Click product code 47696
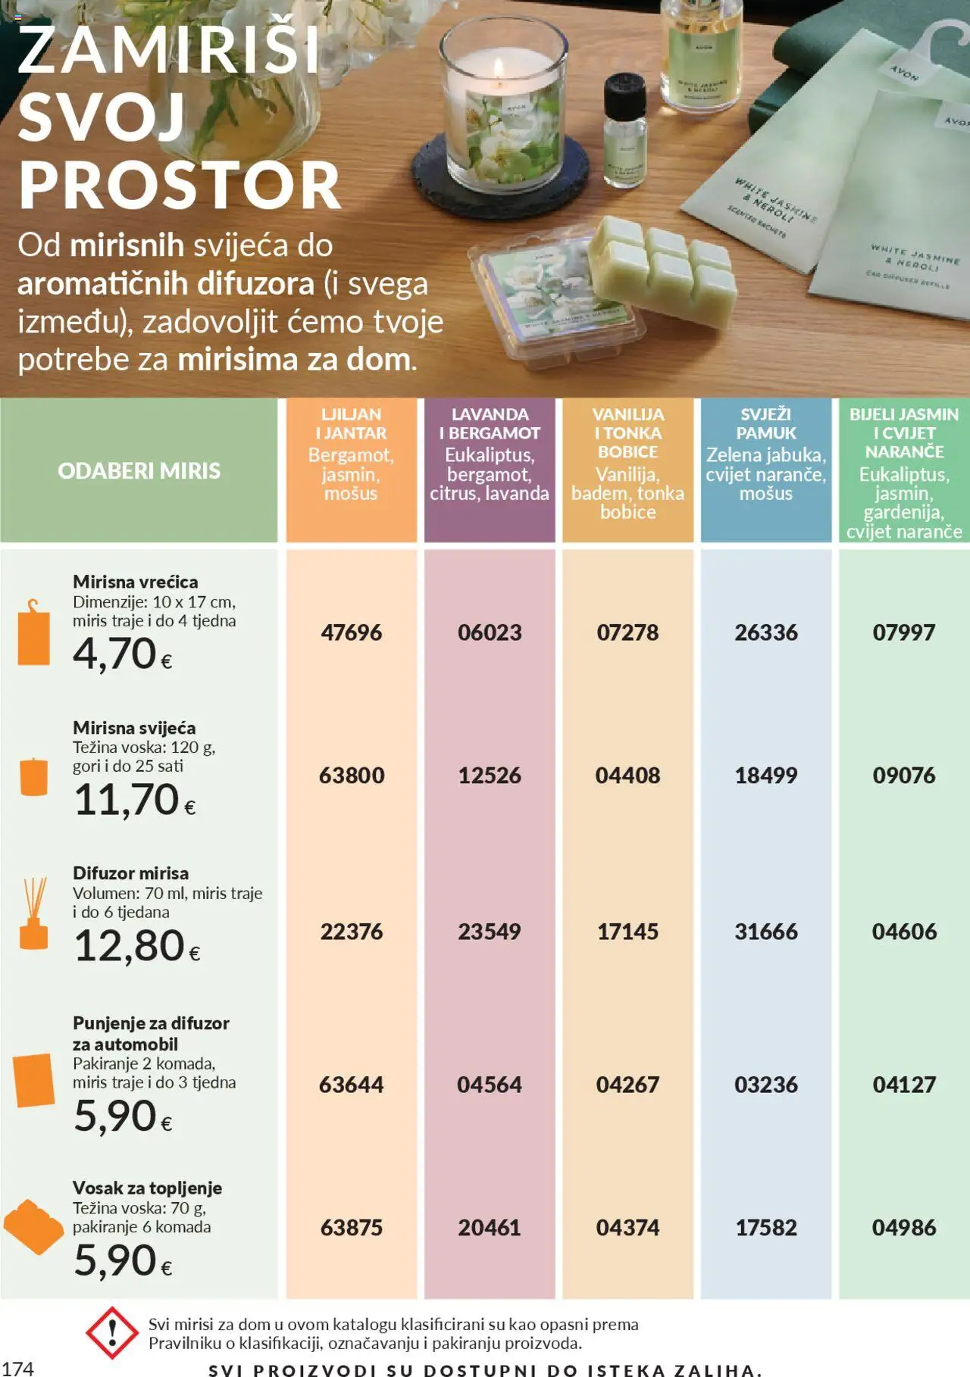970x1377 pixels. pyautogui.click(x=351, y=632)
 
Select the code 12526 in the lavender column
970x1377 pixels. pyautogui.click(x=490, y=776)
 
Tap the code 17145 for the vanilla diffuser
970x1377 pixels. pyautogui.click(x=627, y=932)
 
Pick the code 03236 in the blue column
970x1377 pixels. pyautogui.click(x=765, y=1085)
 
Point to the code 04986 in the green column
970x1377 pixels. pyautogui.click(x=904, y=1228)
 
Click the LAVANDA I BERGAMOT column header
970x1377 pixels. pyautogui.click(x=490, y=424)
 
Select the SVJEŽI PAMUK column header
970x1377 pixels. pyautogui.click(x=765, y=424)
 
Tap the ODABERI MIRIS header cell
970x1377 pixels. pyautogui.click(x=139, y=471)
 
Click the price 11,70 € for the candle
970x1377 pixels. pyautogui.click(x=134, y=800)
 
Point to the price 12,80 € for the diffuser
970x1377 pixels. pyautogui.click(x=136, y=946)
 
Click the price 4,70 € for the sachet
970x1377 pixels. pyautogui.click(x=122, y=654)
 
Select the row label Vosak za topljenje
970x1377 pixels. pyautogui.click(x=147, y=1188)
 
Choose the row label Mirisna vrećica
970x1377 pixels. pyautogui.click(x=135, y=582)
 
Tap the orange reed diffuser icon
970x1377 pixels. pyautogui.click(x=34, y=913)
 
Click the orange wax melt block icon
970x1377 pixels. pyautogui.click(x=33, y=1226)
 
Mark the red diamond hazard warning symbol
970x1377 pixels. pyautogui.click(x=112, y=1332)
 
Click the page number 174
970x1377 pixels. pyautogui.click(x=17, y=1368)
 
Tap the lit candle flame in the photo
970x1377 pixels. pyautogui.click(x=498, y=67)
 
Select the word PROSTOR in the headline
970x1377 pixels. pyautogui.click(x=180, y=186)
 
